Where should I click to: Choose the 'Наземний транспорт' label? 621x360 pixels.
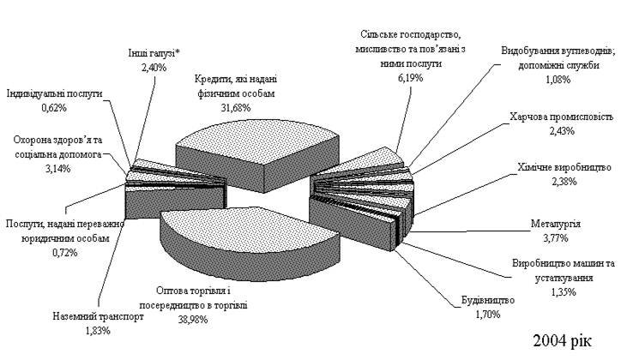coord(94,316)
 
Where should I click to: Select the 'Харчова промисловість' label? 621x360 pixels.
coord(561,117)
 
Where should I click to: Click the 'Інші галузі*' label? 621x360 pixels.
coord(150,53)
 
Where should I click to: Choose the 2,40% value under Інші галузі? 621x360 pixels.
coord(150,67)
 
